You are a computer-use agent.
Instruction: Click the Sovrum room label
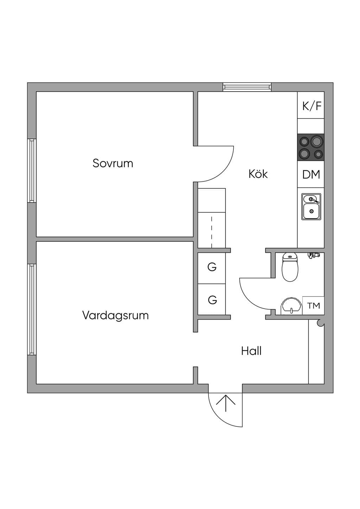pos(113,163)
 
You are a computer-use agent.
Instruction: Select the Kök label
pos(258,174)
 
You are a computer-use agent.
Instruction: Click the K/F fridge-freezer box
pos(311,105)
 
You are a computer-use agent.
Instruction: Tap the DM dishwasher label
pos(311,174)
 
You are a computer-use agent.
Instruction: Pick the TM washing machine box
pos(313,305)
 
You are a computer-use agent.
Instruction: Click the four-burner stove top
pos(311,147)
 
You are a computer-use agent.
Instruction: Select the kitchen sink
pos(311,207)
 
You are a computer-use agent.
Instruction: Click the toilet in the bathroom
pos(290,267)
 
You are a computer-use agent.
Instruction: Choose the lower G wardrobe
pos(212,299)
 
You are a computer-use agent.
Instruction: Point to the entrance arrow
pos(226,403)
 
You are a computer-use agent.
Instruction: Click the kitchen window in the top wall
pos(247,87)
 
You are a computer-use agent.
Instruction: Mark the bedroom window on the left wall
pos(32,170)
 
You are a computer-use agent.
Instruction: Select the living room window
pos(32,309)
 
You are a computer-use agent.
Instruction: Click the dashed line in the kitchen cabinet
pos(212,232)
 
